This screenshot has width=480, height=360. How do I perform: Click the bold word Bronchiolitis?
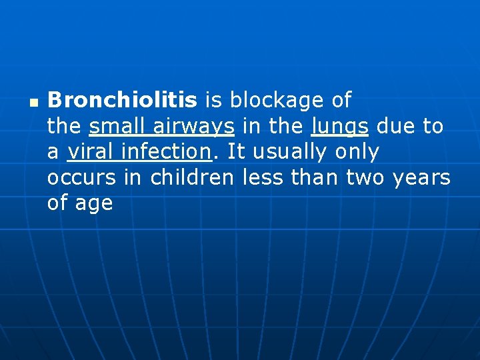[122, 101]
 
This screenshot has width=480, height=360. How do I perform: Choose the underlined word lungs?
[339, 127]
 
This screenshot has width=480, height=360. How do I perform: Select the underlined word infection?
[169, 152]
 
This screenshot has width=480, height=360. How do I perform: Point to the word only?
[357, 153]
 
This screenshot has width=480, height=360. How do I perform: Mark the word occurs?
[83, 178]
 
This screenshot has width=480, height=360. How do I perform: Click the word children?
[192, 178]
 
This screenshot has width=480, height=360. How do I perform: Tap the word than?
[313, 178]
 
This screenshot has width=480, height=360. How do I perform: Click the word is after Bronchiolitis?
[213, 101]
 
